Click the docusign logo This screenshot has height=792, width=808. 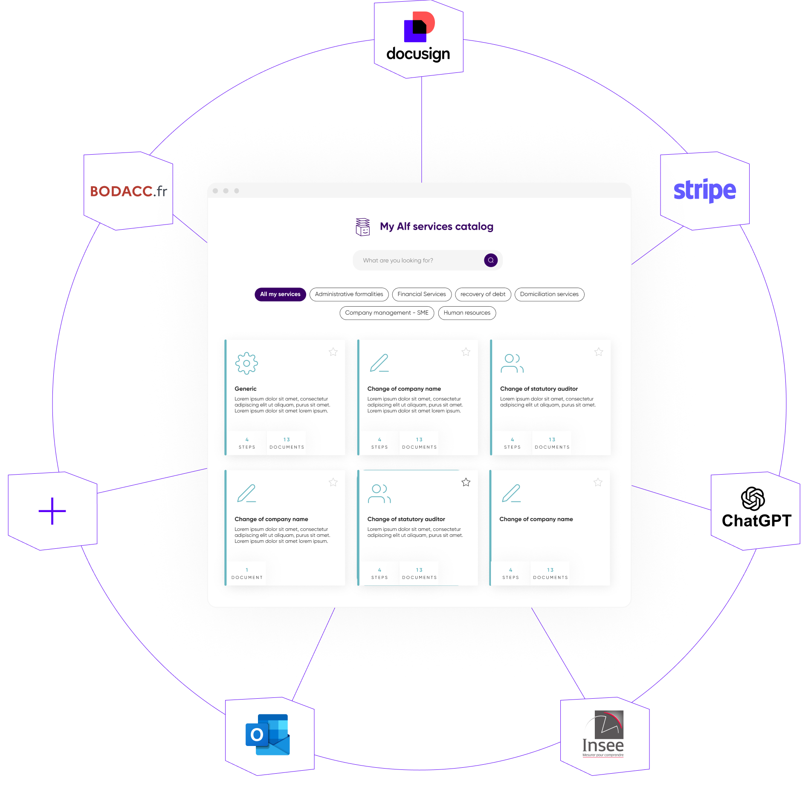click(418, 38)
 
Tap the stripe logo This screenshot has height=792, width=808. click(704, 190)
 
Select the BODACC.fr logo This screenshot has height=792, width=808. click(128, 191)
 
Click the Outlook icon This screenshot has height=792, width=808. click(268, 734)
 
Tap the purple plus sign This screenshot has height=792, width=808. click(52, 511)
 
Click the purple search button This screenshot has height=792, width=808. click(491, 260)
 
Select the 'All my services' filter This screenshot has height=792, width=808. click(280, 294)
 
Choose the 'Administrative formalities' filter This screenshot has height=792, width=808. click(349, 294)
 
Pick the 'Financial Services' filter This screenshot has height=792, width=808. click(421, 294)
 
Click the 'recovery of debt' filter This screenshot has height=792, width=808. click(483, 294)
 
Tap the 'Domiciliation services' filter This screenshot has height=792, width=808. click(549, 294)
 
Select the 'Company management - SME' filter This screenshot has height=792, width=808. click(387, 313)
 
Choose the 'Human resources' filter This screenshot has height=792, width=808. click(467, 313)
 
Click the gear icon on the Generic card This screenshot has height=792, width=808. click(246, 363)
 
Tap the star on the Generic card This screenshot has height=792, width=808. click(333, 352)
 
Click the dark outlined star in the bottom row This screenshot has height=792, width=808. click(466, 482)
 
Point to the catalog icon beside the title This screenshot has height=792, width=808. click(362, 227)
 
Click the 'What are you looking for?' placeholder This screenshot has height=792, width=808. click(398, 260)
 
